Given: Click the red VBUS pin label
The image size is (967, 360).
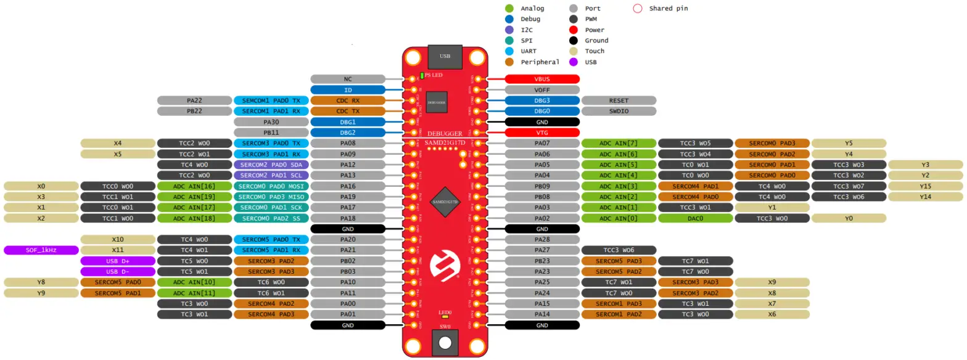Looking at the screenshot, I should [x=542, y=79].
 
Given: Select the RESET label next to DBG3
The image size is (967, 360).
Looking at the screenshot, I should [x=619, y=100].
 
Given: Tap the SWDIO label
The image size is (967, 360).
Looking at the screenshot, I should [x=619, y=111].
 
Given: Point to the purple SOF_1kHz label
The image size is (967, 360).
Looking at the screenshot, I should [x=41, y=250].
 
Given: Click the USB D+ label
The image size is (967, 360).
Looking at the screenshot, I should [x=118, y=261].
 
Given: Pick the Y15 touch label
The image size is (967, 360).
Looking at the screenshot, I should [x=925, y=186].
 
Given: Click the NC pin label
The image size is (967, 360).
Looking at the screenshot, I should [x=348, y=79].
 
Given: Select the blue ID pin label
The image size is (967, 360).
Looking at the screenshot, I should [x=348, y=90].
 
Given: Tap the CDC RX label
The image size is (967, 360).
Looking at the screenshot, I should [x=348, y=100].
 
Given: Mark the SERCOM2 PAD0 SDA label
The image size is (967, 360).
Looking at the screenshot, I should [x=271, y=165].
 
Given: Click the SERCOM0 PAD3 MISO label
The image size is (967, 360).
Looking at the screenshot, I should [x=271, y=197].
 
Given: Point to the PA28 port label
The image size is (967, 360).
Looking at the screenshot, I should [x=542, y=239].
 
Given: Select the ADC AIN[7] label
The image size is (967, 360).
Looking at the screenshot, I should [x=619, y=143].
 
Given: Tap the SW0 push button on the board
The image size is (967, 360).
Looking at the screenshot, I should [x=445, y=341].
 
